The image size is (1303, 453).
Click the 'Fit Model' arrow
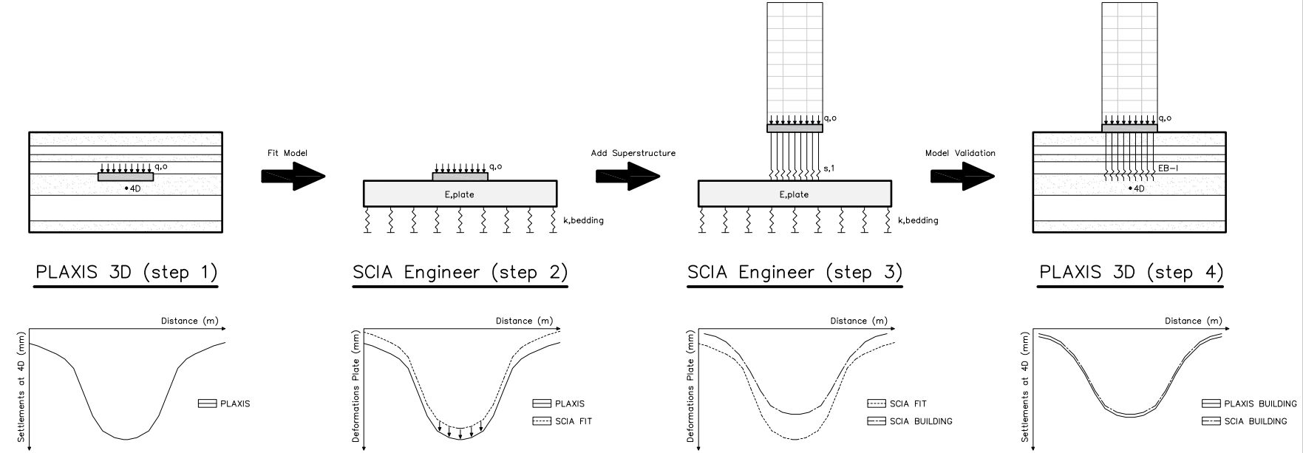pos(293,177)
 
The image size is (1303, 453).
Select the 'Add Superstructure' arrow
pos(627,177)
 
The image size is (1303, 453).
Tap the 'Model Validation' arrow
pos(962,177)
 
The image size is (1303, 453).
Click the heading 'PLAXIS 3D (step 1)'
pos(126,273)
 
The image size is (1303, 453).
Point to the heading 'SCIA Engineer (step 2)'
pos(460,273)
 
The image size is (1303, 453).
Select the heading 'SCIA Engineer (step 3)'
pos(795,273)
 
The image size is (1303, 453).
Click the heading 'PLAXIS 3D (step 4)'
pos(1131,273)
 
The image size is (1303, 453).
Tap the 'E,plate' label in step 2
pos(460,194)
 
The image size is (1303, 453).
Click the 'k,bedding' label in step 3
pos(918,220)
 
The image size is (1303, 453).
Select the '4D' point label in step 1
pos(134,189)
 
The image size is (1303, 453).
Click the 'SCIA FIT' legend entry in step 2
pos(573,422)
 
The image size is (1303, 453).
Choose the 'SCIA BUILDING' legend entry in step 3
pos(920,422)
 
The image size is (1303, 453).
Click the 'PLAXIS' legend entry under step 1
pos(235,404)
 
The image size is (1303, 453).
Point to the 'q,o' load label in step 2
pos(496,167)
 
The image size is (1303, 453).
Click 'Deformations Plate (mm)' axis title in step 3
pos(690,386)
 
